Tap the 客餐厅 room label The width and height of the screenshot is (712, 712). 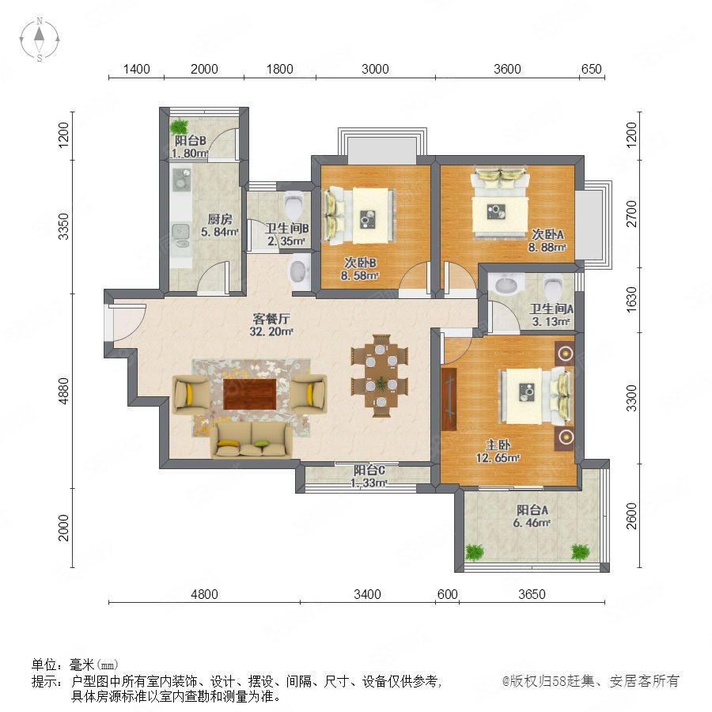(x=271, y=318)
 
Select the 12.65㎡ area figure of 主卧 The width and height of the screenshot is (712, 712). (x=498, y=458)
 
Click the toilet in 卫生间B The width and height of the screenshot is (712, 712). (x=294, y=205)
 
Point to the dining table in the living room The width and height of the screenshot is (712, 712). (x=381, y=376)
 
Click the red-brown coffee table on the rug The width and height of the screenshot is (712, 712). (x=249, y=394)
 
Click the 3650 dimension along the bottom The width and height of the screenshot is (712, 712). (x=532, y=594)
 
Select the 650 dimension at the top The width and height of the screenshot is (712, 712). (x=591, y=69)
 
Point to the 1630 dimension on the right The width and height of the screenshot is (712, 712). (x=631, y=299)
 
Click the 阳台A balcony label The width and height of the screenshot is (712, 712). (x=532, y=510)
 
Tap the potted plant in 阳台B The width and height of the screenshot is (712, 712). (x=180, y=126)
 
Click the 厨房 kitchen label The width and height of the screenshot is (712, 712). (x=220, y=219)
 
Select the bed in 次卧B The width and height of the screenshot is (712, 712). (x=358, y=216)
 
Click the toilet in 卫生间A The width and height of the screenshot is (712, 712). (x=553, y=286)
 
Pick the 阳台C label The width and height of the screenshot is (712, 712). (x=369, y=471)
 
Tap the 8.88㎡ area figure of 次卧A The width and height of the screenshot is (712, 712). (x=547, y=248)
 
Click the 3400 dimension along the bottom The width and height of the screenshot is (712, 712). (x=367, y=594)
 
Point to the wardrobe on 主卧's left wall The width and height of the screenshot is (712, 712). (x=449, y=400)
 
